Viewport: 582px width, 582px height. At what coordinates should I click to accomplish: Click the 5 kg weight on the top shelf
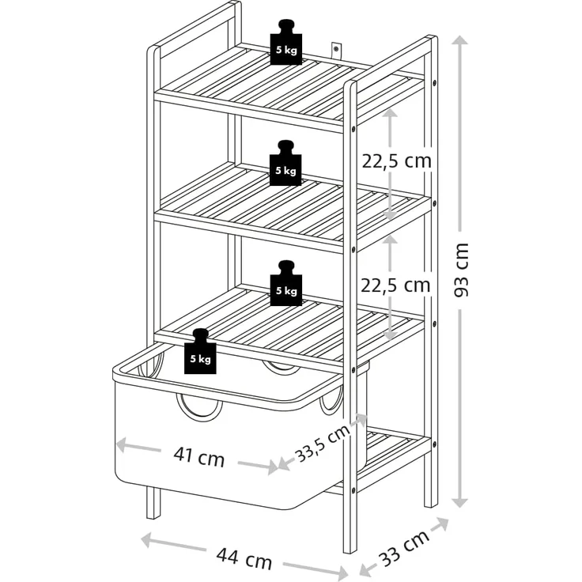point(285,43)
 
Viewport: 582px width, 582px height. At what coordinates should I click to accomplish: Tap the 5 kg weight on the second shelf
point(285,164)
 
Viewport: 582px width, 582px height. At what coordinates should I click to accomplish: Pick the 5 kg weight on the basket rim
point(200,352)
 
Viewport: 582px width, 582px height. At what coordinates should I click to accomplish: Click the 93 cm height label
point(461,270)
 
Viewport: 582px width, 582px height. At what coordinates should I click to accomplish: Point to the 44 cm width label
point(244,558)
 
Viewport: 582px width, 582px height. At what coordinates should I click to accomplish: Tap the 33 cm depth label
point(405,548)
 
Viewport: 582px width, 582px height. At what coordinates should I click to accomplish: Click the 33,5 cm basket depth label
point(323,443)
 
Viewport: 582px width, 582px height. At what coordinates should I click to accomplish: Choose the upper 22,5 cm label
point(397,161)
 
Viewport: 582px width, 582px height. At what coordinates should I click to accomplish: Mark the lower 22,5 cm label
point(395,285)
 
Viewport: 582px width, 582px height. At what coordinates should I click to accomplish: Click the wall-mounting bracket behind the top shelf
point(336,51)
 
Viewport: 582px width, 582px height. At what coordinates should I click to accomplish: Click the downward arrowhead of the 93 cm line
point(461,502)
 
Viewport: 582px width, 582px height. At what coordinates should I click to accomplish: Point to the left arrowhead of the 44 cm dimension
point(148,539)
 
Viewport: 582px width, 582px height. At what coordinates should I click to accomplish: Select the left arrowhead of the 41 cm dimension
point(123,444)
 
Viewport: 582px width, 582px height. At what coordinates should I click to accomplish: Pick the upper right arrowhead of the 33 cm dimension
point(443,523)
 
